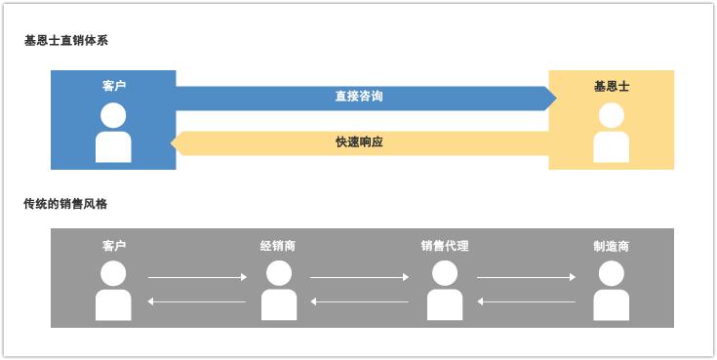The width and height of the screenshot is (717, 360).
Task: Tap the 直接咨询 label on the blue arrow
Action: click(x=359, y=97)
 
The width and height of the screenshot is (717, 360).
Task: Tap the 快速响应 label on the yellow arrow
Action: click(x=359, y=142)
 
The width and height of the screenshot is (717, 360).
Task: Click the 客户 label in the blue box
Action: click(x=114, y=86)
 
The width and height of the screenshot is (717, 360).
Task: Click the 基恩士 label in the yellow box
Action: click(x=611, y=86)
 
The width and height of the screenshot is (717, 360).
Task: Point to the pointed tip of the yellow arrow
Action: click(x=174, y=142)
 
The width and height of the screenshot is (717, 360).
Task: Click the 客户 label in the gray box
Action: click(x=114, y=246)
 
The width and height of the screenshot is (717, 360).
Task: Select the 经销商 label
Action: click(x=278, y=246)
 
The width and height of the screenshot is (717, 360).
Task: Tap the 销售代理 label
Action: click(x=445, y=246)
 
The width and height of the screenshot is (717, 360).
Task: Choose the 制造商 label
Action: click(x=611, y=246)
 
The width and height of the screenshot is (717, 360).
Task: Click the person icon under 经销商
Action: click(x=278, y=291)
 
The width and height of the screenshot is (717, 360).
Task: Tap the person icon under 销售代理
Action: click(x=445, y=291)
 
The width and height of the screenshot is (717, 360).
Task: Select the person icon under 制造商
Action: click(x=611, y=291)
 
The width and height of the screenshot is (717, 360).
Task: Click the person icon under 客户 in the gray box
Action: click(x=114, y=291)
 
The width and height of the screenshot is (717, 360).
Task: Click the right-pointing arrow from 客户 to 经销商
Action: click(x=197, y=278)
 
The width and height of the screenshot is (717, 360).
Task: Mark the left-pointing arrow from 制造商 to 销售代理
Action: click(x=526, y=301)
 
